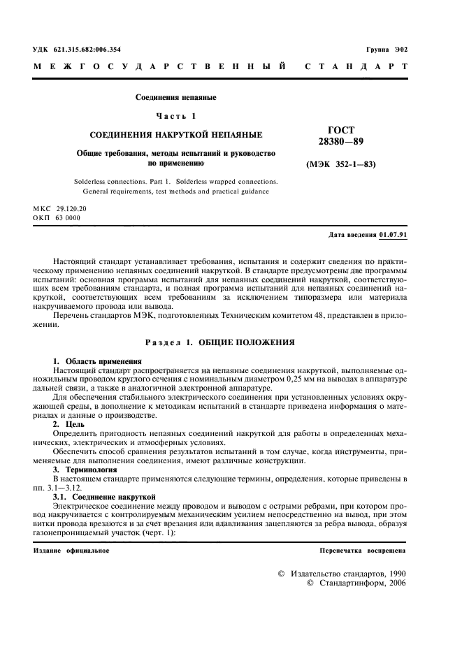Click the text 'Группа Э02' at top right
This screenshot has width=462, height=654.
[387, 49]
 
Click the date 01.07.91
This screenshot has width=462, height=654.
[393, 235]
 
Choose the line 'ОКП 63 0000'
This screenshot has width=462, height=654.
[57, 218]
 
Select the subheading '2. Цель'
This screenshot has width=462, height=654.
[69, 424]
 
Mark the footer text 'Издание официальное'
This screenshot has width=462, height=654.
[71, 551]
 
